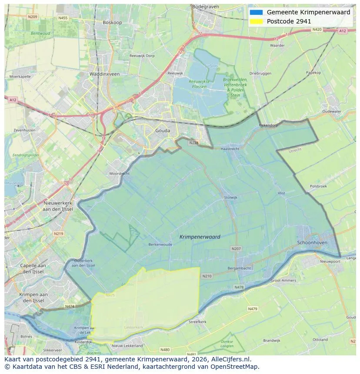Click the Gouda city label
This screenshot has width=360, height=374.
(x=163, y=130)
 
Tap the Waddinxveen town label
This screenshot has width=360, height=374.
(x=104, y=74)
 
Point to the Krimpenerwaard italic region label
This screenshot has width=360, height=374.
(x=200, y=237)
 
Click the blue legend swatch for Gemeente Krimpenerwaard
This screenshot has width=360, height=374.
(x=257, y=12)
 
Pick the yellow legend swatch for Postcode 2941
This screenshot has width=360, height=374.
(x=257, y=21)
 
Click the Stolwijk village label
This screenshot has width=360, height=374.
(x=230, y=197)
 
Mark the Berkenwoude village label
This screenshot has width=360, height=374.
(x=160, y=245)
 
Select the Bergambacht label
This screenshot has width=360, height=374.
(x=239, y=268)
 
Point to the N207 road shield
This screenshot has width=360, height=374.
(x=236, y=248)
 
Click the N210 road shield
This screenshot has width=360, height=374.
(x=207, y=276)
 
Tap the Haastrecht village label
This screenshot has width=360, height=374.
(x=230, y=149)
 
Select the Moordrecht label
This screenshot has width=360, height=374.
(x=120, y=173)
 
